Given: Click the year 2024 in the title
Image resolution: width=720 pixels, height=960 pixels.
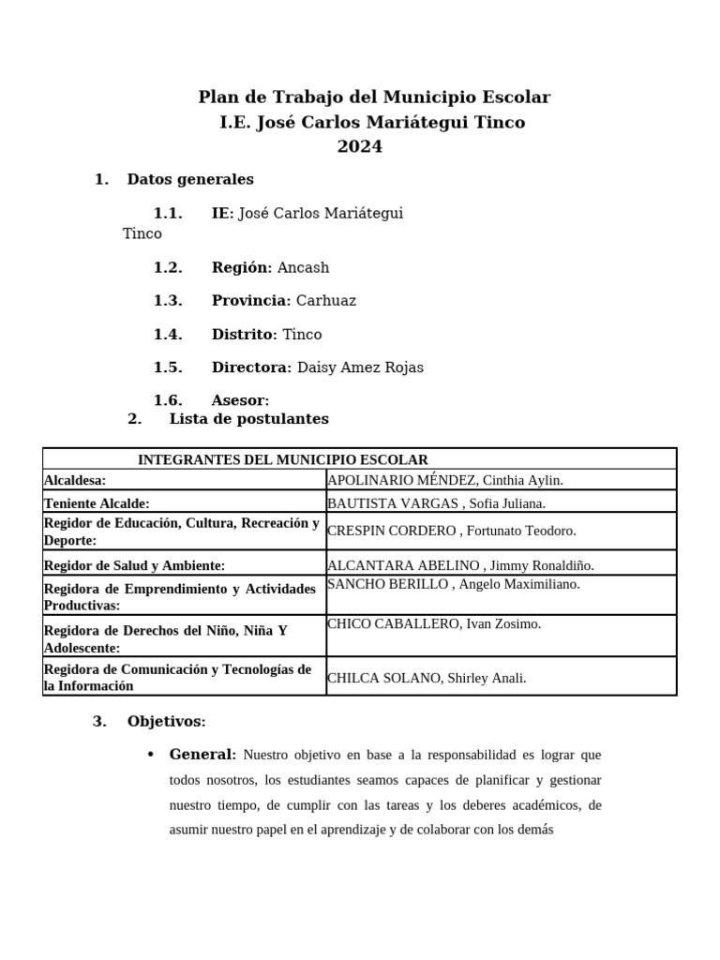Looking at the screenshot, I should tap(360, 146).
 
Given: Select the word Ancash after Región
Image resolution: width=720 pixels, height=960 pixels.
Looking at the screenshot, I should tap(304, 267).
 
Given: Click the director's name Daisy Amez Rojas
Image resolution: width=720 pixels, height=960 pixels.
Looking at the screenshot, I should tap(360, 367).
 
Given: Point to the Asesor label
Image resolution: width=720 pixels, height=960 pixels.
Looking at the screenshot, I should tap(239, 400).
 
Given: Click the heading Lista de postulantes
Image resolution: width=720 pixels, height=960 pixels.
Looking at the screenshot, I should tap(248, 419).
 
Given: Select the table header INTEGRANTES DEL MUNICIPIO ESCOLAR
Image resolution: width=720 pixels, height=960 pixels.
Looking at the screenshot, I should tap(282, 459).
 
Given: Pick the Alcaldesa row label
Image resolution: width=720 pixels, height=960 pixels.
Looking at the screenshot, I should tap(76, 480).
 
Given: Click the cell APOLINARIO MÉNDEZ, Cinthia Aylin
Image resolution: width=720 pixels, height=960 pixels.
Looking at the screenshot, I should tap(445, 480).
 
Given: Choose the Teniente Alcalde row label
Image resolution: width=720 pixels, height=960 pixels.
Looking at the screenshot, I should tap(97, 503).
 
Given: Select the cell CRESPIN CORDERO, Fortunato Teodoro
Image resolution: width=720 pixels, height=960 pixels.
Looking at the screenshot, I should tap(451, 531).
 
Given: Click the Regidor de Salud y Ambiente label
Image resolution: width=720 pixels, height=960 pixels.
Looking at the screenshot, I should tap(134, 565).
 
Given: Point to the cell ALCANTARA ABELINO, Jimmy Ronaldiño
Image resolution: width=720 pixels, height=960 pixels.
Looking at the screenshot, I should tap(460, 565).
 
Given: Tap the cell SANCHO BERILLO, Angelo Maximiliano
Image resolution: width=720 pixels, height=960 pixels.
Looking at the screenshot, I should tap(454, 584).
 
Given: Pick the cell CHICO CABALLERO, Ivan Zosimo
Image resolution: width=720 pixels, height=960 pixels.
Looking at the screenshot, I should tap(434, 623).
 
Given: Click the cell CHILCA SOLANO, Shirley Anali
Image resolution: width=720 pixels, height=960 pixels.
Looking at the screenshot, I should tap(427, 678).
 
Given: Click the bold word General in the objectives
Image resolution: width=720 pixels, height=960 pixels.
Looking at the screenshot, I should tap(202, 754).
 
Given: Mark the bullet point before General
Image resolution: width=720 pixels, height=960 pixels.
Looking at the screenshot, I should tap(150, 755).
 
